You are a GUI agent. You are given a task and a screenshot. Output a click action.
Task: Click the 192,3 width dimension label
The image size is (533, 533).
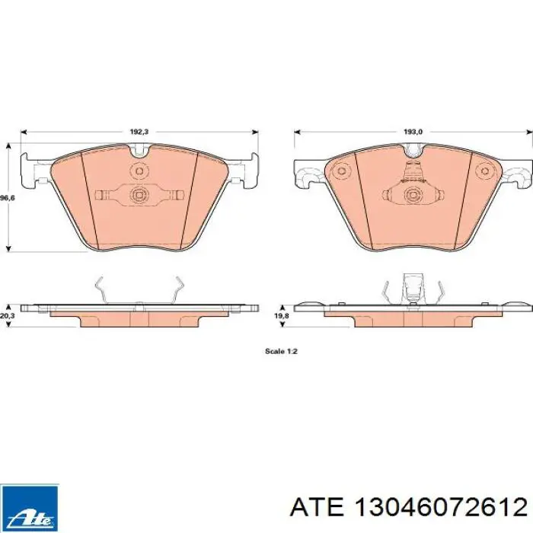pyautogui.click(x=139, y=132)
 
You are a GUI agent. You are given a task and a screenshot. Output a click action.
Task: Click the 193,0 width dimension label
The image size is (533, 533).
pyautogui.click(x=413, y=132)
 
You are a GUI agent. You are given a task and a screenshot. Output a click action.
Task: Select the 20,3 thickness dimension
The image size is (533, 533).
pyautogui.click(x=6, y=316)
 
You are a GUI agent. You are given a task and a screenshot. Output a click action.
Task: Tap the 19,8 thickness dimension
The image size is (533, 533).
pyautogui.click(x=282, y=316)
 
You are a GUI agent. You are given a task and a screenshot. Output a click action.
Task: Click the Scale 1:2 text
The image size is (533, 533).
pyautogui.click(x=281, y=351)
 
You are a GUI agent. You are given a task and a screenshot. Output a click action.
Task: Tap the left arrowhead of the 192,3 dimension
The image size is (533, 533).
pyautogui.click(x=24, y=132)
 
